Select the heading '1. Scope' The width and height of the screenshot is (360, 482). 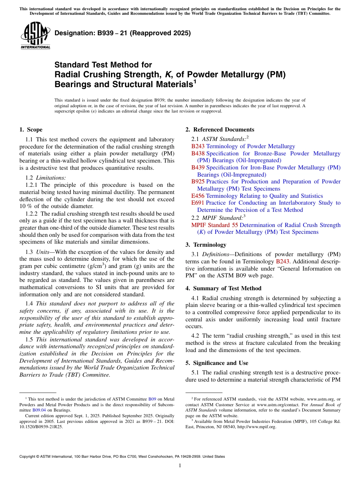(x=31, y=130)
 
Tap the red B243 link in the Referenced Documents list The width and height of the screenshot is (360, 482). (x=198, y=146)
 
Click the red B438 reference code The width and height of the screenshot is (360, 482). (x=198, y=153)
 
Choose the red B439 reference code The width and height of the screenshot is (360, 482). (x=198, y=167)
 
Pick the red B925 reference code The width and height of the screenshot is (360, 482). (x=198, y=182)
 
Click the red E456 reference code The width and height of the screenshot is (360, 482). (x=198, y=196)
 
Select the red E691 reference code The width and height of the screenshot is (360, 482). (x=198, y=203)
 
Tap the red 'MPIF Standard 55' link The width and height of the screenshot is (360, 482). (x=214, y=225)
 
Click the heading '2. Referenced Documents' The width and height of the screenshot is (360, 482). (x=220, y=130)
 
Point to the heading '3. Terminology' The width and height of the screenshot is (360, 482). (x=206, y=245)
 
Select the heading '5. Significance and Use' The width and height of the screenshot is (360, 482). (x=217, y=363)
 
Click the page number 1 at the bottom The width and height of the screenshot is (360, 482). (x=180, y=466)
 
